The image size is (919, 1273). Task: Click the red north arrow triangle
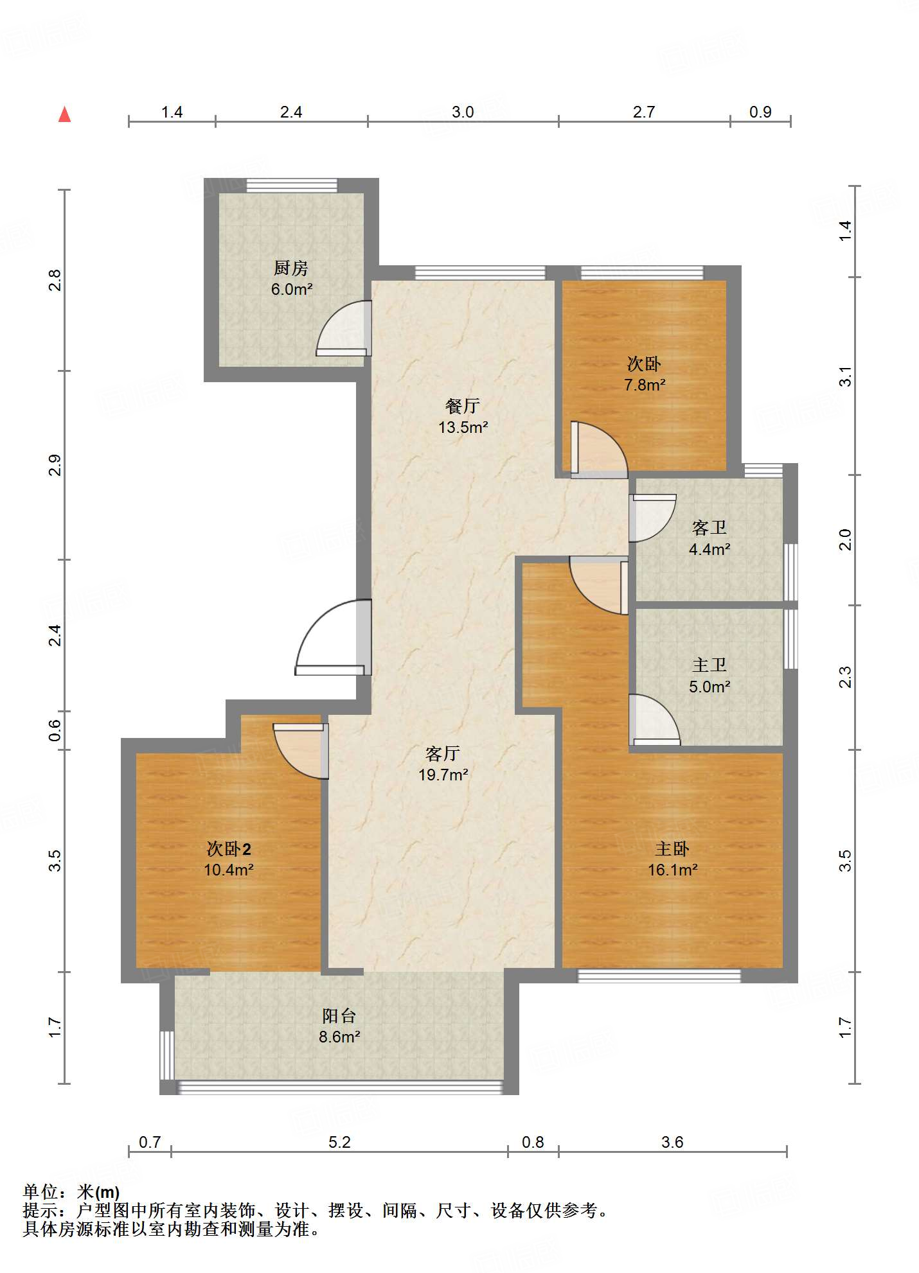pyautogui.click(x=64, y=114)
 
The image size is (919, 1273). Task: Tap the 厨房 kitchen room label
pyautogui.click(x=291, y=268)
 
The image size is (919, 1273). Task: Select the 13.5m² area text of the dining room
pyautogui.click(x=463, y=427)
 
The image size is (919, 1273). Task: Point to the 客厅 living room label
pyautogui.click(x=443, y=753)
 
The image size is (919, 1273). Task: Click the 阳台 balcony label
pyautogui.click(x=339, y=1015)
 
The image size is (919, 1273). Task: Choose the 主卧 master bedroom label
pyautogui.click(x=672, y=848)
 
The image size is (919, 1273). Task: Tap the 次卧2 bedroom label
pyautogui.click(x=229, y=848)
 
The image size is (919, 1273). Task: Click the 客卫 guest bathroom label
pyautogui.click(x=709, y=528)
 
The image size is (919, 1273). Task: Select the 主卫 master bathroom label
pyautogui.click(x=709, y=665)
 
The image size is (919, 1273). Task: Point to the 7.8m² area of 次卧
pyautogui.click(x=645, y=385)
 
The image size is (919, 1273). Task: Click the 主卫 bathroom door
pyautogui.click(x=654, y=720)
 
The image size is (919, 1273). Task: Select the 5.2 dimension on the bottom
pyautogui.click(x=339, y=1142)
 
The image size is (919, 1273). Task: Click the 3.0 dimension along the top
pyautogui.click(x=463, y=112)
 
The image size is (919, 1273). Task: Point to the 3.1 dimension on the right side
pyautogui.click(x=846, y=376)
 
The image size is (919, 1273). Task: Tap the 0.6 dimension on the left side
pyautogui.click(x=55, y=730)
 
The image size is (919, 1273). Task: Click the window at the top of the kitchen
pyautogui.click(x=292, y=185)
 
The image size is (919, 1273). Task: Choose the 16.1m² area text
pyautogui.click(x=673, y=870)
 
